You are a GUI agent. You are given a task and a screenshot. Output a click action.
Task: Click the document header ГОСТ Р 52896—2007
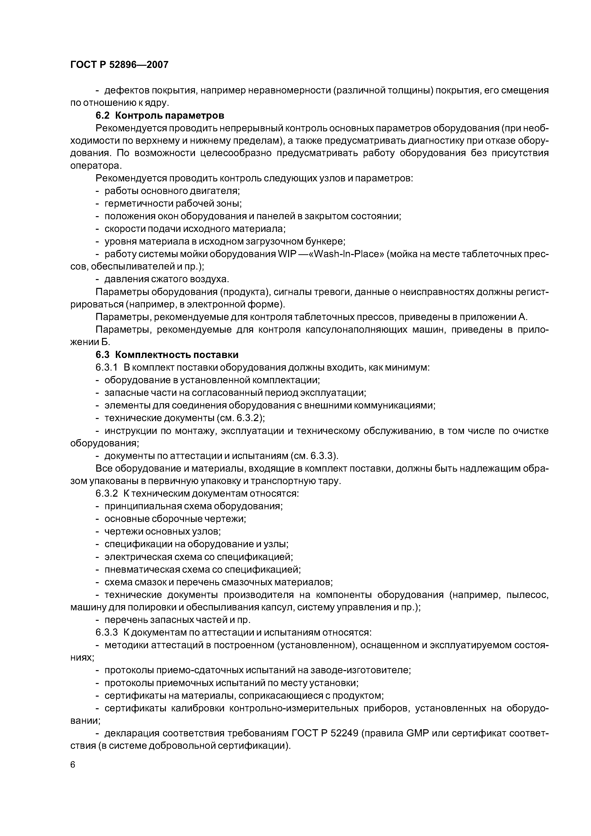[x=119, y=65]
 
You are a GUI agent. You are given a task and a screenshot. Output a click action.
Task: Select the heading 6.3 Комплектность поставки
[x=167, y=355]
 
